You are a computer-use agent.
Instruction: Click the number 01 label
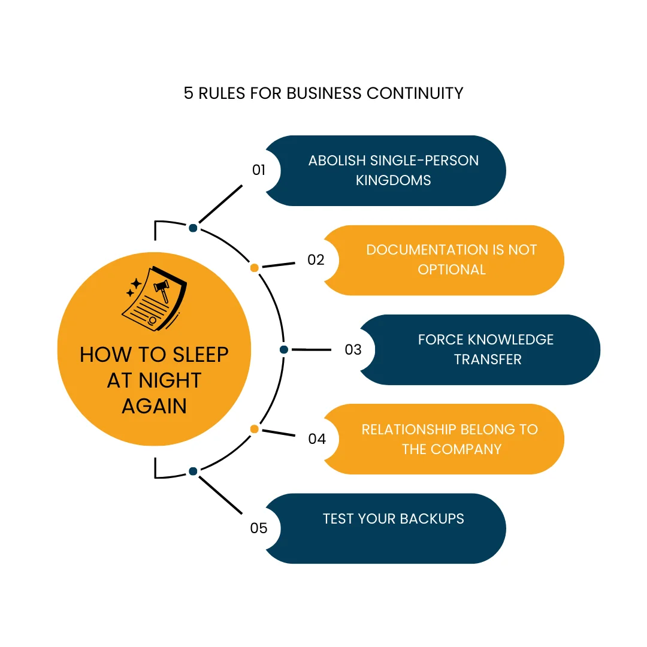point(259,170)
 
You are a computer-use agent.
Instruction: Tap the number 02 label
point(316,260)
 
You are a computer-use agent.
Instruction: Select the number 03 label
point(353,349)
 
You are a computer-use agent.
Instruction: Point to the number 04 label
point(317,439)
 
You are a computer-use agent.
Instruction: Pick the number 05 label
point(259,528)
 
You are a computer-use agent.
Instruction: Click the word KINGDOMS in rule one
point(393,180)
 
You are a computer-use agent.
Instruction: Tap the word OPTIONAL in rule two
point(452,270)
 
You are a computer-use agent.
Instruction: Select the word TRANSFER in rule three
point(488,359)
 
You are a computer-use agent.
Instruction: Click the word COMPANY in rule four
point(468,449)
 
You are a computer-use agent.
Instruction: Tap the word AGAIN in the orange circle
point(154,406)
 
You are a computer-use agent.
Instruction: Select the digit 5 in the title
point(189,93)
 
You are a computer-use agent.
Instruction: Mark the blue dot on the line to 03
point(284,349)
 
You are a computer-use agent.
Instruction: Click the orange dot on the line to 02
point(254,268)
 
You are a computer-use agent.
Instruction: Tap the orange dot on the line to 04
point(254,429)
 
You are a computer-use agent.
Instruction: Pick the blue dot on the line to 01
point(193,228)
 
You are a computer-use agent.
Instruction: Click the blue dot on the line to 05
point(193,471)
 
